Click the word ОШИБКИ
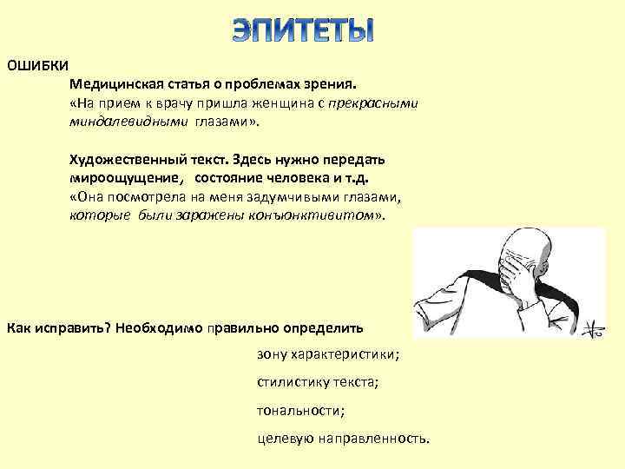[37, 66]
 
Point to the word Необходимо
[159, 328]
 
